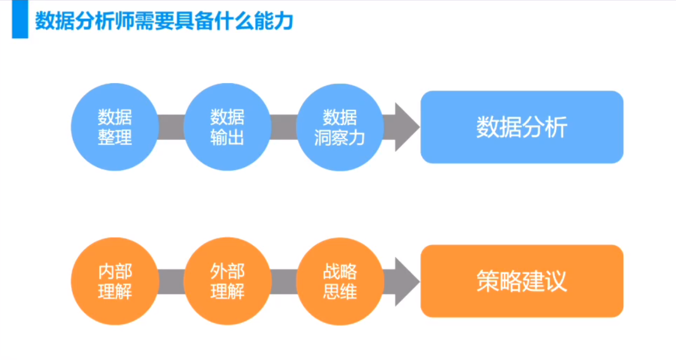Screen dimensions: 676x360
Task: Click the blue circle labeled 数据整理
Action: (x=115, y=127)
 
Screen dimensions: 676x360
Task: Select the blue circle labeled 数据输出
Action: (x=227, y=127)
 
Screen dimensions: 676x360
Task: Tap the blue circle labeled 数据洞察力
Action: (x=340, y=127)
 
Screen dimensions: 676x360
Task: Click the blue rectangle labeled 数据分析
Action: (x=522, y=127)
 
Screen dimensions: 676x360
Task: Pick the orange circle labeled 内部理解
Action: (x=115, y=281)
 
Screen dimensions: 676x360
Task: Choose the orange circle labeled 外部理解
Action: (x=227, y=281)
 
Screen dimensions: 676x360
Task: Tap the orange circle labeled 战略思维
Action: (x=340, y=281)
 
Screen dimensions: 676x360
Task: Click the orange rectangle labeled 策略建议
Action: (x=522, y=281)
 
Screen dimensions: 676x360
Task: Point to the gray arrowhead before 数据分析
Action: (x=405, y=127)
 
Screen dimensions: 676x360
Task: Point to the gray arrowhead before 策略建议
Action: (x=405, y=282)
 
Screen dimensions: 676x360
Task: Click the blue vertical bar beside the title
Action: (x=20, y=19)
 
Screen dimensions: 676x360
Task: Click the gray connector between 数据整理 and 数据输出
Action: (x=171, y=127)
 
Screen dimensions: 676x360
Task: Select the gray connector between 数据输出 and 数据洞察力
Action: (x=284, y=127)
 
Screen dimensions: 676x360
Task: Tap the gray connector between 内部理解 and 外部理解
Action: (x=171, y=282)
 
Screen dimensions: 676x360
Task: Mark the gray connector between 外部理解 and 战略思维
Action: (x=284, y=282)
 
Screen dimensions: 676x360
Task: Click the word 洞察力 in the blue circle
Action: (x=339, y=138)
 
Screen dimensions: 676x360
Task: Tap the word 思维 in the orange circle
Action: (x=340, y=292)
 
